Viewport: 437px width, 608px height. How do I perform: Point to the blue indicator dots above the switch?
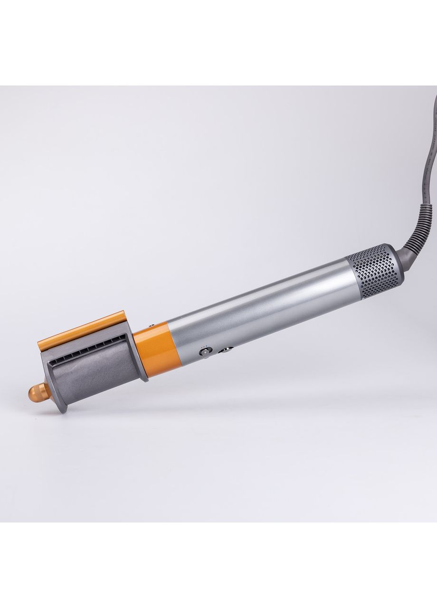205,347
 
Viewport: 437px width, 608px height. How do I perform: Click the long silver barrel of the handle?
266,309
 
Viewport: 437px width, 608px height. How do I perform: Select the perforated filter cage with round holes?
370,273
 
